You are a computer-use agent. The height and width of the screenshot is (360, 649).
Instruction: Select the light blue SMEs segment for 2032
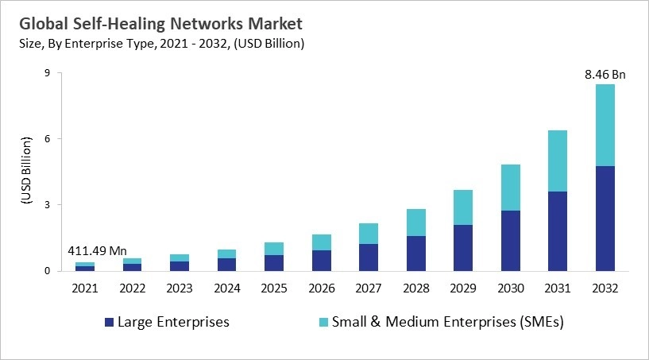(x=605, y=125)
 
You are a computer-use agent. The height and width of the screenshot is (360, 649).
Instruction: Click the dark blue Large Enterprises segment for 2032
(x=605, y=219)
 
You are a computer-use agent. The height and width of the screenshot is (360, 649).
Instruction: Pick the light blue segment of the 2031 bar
(x=558, y=161)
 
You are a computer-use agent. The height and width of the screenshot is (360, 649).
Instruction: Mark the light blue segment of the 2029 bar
(x=464, y=207)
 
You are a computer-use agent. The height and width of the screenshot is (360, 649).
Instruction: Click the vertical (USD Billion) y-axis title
(x=25, y=172)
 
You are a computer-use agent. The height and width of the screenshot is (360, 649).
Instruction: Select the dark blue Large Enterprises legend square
(x=109, y=323)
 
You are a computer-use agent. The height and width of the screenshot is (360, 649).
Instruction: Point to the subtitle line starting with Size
(x=160, y=43)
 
